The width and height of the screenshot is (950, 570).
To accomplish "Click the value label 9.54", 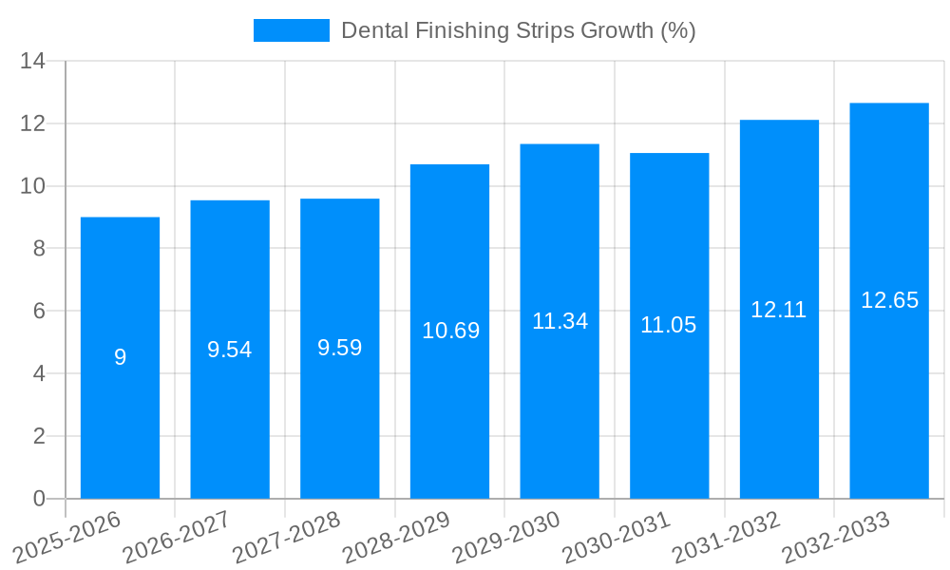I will tap(230, 350).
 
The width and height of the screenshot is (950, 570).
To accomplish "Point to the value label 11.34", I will tap(560, 321).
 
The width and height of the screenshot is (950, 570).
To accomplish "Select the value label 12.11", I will tap(779, 310).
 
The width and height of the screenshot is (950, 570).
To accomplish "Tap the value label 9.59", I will tap(340, 348).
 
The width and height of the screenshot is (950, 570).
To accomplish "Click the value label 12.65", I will tap(889, 300).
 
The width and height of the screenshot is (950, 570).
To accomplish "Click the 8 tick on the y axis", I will tap(39, 249).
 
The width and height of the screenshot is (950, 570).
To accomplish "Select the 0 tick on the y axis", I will tap(39, 499).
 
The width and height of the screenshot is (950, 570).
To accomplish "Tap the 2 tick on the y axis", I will tap(39, 436).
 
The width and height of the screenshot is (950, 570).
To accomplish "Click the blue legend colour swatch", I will tap(291, 30).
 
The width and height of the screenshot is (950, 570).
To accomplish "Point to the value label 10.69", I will tap(450, 331).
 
